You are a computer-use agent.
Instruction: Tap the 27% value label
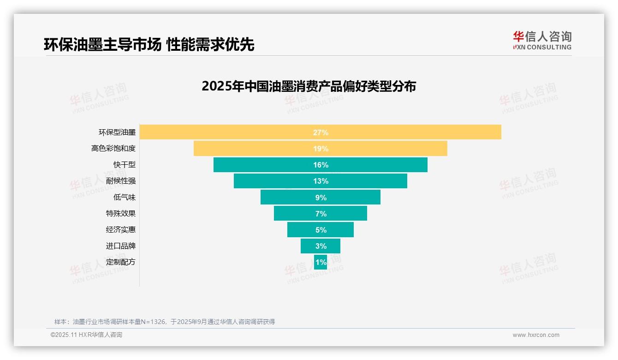point(321,132)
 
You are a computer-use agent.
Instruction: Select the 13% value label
point(321,181)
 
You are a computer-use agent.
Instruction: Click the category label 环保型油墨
point(117,132)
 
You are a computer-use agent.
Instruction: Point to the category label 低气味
point(125,197)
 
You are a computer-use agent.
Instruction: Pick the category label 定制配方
point(121,262)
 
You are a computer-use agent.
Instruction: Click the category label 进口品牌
point(121,246)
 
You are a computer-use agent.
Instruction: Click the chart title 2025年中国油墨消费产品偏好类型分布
point(309,86)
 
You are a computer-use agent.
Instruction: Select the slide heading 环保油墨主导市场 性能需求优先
point(149,44)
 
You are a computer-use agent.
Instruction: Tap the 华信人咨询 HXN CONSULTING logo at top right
point(542,40)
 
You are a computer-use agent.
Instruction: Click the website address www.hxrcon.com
point(536,335)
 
